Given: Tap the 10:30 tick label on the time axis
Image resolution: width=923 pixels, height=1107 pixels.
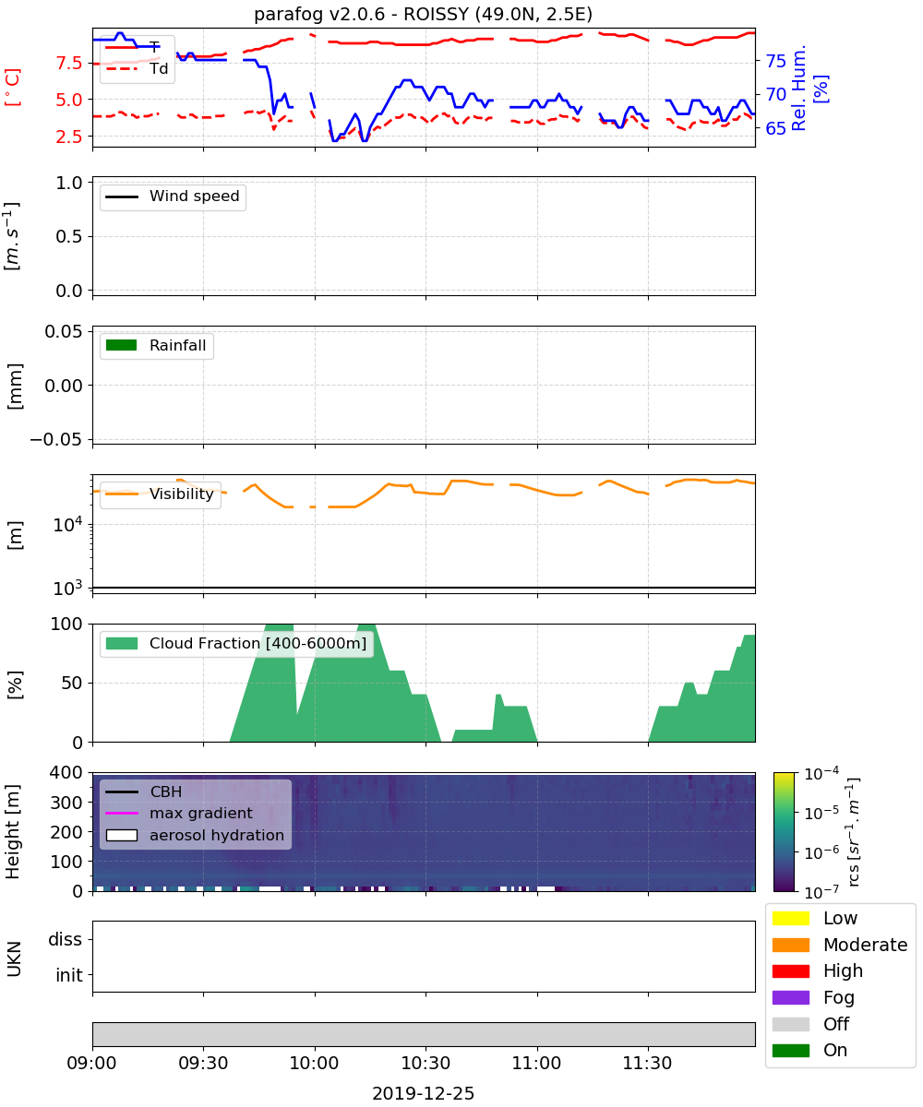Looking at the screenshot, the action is (426, 1063).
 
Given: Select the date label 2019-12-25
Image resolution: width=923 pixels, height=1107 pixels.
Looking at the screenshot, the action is (423, 1093).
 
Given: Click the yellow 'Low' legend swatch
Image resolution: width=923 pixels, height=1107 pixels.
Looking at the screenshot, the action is (790, 918).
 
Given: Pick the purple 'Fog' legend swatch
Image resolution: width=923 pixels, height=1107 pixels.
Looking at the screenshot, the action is (790, 997).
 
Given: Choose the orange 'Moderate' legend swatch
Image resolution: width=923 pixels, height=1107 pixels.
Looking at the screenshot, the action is (790, 945).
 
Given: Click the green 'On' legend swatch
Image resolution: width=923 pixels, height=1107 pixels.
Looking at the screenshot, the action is (790, 1051).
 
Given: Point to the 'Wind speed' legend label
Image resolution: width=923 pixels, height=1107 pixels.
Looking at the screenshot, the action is (194, 196).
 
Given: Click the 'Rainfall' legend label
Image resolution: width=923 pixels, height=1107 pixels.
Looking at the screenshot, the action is (177, 346).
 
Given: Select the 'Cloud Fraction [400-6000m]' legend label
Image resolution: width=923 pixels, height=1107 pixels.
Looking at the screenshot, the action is (258, 644).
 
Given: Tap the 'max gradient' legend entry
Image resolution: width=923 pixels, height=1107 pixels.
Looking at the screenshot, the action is (201, 814).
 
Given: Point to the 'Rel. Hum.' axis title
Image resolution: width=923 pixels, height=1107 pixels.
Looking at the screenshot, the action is (798, 88).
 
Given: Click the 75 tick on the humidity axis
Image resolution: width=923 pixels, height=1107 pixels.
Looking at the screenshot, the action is (775, 62).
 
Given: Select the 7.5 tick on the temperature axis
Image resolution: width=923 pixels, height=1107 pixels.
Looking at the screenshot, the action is (69, 63).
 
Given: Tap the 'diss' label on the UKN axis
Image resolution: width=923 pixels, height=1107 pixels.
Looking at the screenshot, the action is (65, 939).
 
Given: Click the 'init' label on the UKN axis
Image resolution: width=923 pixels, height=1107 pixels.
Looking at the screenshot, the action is (69, 975).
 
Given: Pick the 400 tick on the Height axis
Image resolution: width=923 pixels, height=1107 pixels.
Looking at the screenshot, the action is (66, 772).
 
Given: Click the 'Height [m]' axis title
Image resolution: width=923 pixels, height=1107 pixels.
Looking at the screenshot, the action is (13, 831).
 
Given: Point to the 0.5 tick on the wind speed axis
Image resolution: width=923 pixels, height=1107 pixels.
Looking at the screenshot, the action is (69, 236).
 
